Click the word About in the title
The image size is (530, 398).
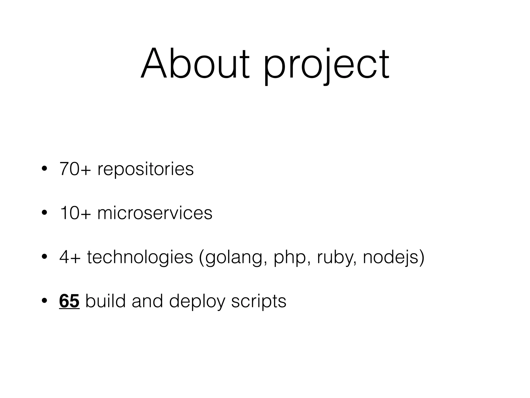[x=195, y=63]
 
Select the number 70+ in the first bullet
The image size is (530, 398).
[x=75, y=169]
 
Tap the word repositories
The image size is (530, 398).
[x=145, y=170]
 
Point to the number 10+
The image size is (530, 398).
[x=75, y=213]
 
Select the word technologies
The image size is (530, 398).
[x=140, y=258]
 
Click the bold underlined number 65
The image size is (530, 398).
[x=69, y=301]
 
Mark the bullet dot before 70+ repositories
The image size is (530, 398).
[x=44, y=169]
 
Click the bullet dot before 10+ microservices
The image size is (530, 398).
[x=44, y=213]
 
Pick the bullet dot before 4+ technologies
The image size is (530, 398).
[x=44, y=257]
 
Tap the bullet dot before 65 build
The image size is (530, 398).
[x=44, y=301]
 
